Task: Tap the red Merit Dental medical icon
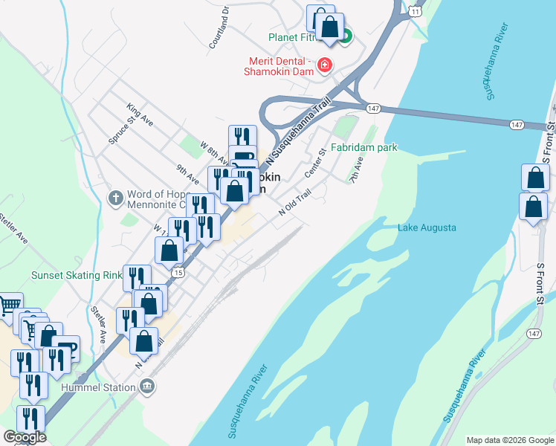point(324,65)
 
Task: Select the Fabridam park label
point(364,147)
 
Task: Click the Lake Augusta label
point(427,227)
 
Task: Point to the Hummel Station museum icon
point(147,387)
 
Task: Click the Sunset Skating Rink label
point(77,275)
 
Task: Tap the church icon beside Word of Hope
point(114,198)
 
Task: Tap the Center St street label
point(315,163)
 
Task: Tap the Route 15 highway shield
point(177,273)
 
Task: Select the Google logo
point(25,437)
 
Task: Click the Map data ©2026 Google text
point(509,440)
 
